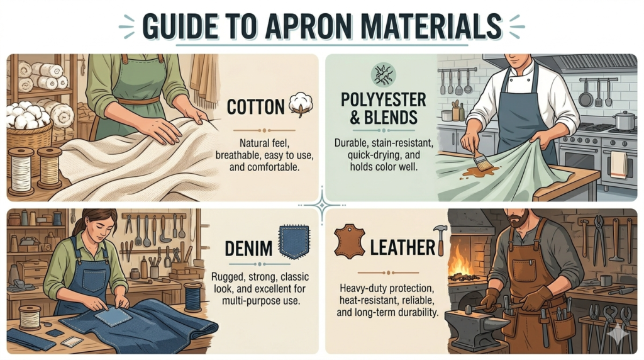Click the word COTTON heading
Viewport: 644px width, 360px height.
(x=255, y=106)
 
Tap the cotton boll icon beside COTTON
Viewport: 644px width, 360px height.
(x=301, y=104)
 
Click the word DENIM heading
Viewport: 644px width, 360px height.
(x=248, y=248)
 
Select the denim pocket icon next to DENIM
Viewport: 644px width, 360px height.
(x=294, y=242)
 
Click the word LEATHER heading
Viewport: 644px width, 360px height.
(x=402, y=247)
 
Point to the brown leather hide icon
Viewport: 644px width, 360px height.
(x=349, y=241)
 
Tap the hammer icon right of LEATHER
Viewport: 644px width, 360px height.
(x=440, y=240)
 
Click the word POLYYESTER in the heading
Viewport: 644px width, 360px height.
(x=383, y=100)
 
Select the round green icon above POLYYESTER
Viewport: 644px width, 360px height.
(x=383, y=74)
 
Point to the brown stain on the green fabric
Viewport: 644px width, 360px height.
(x=479, y=171)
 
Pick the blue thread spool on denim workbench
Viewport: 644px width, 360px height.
(x=192, y=297)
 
